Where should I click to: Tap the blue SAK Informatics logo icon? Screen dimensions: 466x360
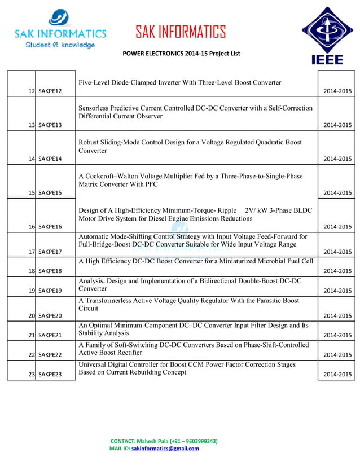tap(59, 17)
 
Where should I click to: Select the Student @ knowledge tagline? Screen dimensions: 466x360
tap(60, 45)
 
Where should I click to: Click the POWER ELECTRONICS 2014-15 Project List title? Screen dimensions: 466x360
tap(181, 54)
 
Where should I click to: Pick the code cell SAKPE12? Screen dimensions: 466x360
tap(50, 91)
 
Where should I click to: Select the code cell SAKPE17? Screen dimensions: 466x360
tap(50, 252)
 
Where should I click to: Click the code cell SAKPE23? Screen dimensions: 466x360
tap(50, 374)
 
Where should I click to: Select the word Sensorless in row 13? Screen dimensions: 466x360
tap(96, 108)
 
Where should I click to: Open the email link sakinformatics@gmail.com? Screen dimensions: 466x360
tap(165, 449)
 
